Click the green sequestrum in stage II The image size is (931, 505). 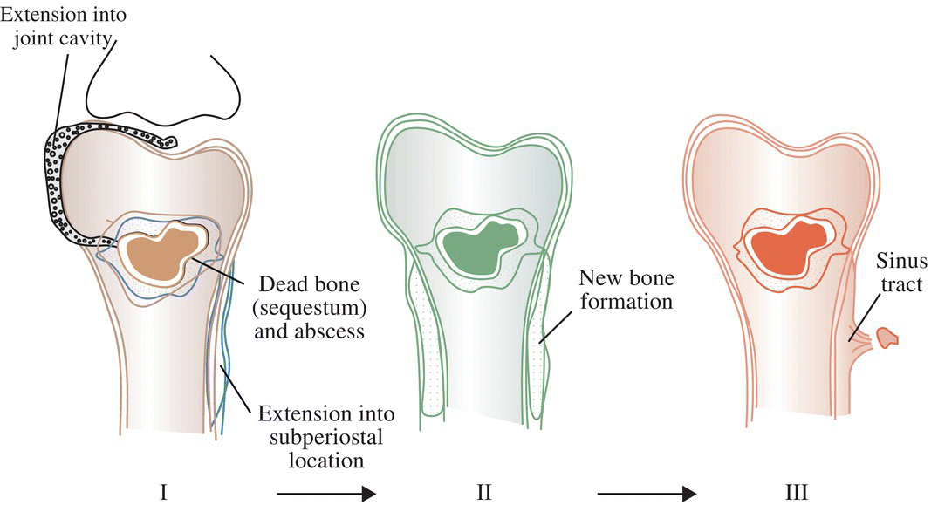[x=476, y=250]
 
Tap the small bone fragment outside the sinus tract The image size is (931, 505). [x=887, y=337]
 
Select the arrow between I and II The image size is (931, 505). [x=325, y=494]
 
